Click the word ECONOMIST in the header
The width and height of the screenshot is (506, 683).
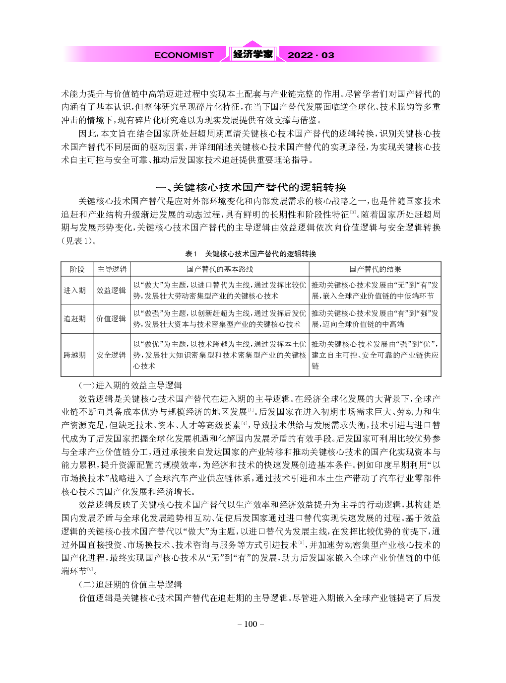pos(184,55)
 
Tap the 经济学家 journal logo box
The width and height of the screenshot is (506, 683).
pos(253,54)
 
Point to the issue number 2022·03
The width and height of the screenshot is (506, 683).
pos(311,55)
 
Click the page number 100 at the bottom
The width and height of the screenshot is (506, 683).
pos(251,624)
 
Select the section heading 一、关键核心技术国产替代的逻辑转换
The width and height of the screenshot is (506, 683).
pos(251,187)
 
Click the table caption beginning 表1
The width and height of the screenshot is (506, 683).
pos(251,254)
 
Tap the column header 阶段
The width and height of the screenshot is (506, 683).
pos(77,269)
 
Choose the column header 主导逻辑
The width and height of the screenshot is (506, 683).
pos(112,269)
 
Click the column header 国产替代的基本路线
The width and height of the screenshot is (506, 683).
pos(220,269)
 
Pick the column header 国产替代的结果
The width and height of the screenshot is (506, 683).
pos(375,269)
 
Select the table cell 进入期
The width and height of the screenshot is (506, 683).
pos(74,291)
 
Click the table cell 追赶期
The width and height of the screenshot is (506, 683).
pos(74,319)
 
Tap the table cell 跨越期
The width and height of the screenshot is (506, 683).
pos(74,355)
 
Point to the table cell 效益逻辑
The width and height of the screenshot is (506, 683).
pos(111,291)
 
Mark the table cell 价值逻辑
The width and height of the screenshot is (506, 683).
pos(111,319)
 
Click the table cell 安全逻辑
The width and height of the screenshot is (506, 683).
pos(111,355)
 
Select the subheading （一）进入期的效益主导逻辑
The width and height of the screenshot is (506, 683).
pos(130,385)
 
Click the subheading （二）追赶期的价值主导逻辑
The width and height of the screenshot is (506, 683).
pos(130,585)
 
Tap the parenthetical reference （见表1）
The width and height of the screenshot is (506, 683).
pos(77,241)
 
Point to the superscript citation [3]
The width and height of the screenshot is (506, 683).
pos(353,213)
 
